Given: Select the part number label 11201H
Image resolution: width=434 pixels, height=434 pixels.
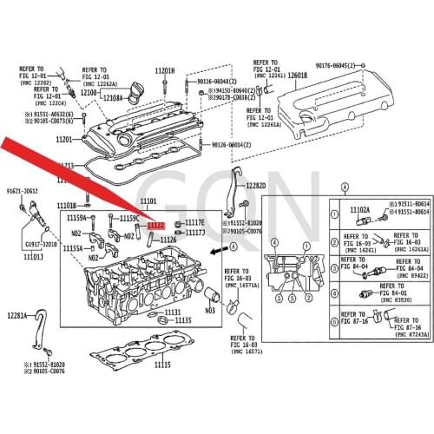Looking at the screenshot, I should coord(165,70).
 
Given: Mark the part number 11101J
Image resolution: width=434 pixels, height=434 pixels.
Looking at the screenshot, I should coord(34,257).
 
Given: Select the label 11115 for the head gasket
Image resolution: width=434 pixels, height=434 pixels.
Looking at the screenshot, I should coord(162,365).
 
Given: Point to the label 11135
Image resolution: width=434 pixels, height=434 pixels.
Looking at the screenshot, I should coord(182,320).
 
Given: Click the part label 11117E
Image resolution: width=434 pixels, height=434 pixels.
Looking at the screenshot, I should coord(194,223).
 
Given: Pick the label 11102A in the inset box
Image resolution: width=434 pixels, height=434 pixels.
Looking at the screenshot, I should coord(359,210).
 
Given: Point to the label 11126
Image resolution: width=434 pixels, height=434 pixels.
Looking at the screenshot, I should coord(168,240).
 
